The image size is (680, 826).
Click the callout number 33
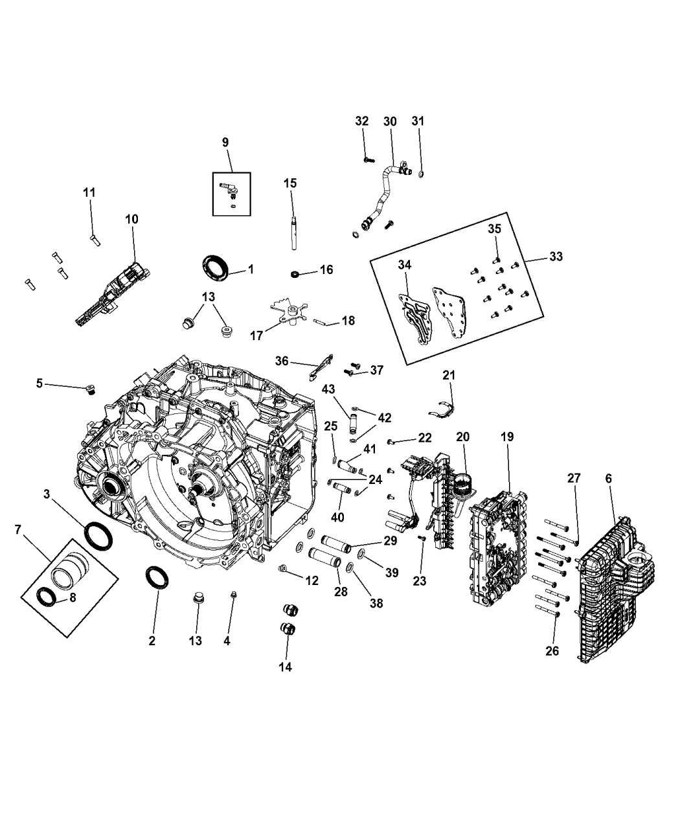coord(555,257)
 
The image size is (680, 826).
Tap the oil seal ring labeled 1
coord(216,268)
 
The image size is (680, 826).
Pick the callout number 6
coord(607,478)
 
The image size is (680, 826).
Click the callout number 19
coord(506,437)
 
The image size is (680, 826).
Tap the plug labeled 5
coord(91,389)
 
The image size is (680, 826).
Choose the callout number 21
coord(449,375)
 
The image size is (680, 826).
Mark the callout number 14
coord(285,667)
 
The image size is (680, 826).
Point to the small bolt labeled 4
coord(233,596)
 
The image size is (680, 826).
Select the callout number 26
coord(552,651)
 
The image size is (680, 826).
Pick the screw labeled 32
coord(367,159)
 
